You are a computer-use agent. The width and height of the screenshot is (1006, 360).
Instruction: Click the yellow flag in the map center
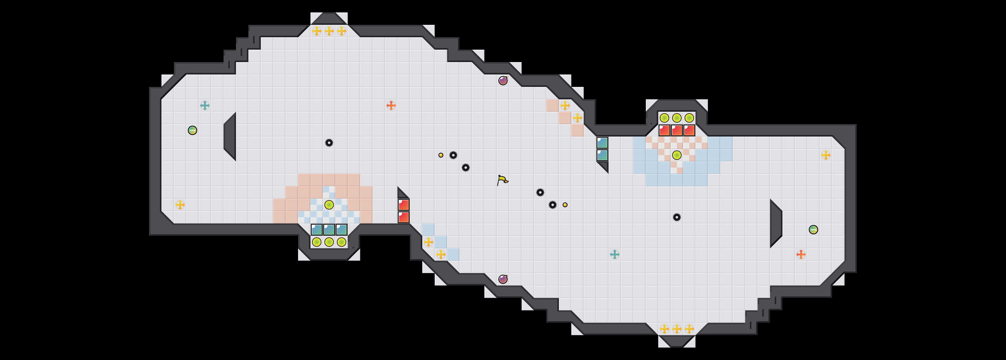coord(502,180)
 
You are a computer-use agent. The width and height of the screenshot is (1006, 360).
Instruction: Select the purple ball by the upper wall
coord(503,80)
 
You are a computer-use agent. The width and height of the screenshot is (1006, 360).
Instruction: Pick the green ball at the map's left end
coord(192,130)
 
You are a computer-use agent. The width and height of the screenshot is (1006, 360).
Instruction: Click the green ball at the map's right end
coord(813,230)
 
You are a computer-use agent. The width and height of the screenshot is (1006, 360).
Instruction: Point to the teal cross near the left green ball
coord(205,106)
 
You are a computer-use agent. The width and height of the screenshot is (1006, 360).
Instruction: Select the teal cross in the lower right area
coord(615,254)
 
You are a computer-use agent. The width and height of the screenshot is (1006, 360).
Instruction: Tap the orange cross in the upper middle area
coord(391,106)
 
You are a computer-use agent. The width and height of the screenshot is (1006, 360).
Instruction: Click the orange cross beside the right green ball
coord(801,254)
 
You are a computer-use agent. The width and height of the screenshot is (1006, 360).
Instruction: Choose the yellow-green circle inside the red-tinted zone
coord(329,205)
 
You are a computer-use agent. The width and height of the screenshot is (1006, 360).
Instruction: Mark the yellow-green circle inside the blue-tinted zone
coord(677,155)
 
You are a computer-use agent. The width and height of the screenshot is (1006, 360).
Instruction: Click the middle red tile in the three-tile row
coord(677,130)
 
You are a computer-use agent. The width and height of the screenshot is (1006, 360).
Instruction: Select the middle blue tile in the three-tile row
coord(329,230)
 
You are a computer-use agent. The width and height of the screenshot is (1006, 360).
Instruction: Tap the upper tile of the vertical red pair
coord(403,205)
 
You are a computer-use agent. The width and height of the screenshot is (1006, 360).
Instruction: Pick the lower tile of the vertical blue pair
coord(602,155)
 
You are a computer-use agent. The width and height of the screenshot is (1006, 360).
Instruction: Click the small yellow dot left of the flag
coord(441,155)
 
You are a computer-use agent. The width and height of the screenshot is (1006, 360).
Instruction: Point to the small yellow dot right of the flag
coord(565,205)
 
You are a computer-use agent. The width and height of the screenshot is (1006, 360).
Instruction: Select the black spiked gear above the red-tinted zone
coord(329,142)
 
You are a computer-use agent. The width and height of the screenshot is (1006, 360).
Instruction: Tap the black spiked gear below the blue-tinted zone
coord(677,217)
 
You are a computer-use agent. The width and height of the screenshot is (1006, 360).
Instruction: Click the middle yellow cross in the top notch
coord(329,31)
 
